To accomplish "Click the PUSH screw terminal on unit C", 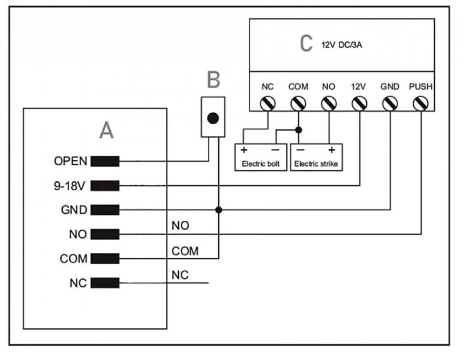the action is point(421,104).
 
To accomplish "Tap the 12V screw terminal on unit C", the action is point(359,104).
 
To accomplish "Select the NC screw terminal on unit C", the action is point(268,104).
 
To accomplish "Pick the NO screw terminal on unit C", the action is point(329,104).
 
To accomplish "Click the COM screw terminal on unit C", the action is point(298,104).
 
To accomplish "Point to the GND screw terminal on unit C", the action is point(390,104).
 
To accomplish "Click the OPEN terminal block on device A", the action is point(105,161).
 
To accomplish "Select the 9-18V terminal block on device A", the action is point(105,186).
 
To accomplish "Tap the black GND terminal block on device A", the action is point(105,210).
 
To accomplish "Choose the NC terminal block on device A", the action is point(105,283).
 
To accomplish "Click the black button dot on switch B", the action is point(213,118).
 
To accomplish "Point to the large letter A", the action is point(106,130).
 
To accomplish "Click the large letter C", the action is point(306,43).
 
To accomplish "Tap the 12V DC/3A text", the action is point(342,45).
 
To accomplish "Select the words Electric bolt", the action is point(261,164).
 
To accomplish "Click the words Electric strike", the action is point(316,164).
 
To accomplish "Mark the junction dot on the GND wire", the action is point(219,210).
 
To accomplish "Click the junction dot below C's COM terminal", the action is point(299,130).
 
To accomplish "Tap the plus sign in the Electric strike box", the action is point(332,150).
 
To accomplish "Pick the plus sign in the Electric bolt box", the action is point(244,150).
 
